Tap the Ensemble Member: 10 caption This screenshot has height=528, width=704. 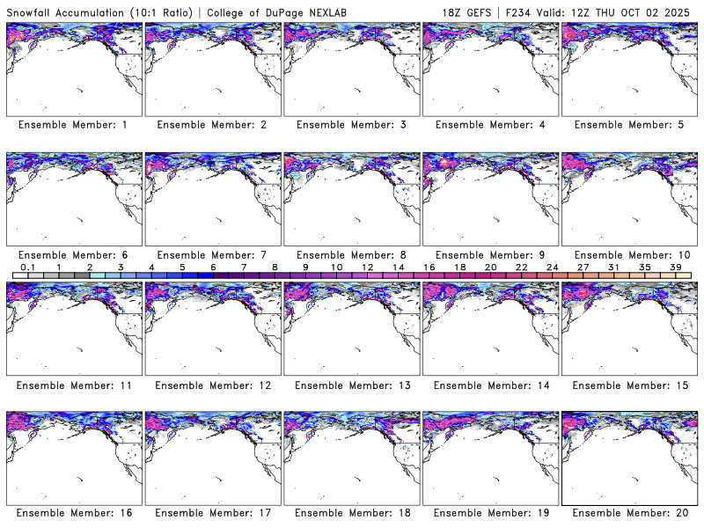click(x=630, y=255)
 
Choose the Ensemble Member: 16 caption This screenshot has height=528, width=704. click(x=75, y=513)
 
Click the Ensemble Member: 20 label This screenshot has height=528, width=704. click(x=630, y=513)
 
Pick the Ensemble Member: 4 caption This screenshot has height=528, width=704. click(x=490, y=125)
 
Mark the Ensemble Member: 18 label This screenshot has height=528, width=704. click(x=353, y=513)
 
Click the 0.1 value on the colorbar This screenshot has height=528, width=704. click(x=27, y=267)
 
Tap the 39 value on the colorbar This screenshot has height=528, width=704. click(x=675, y=267)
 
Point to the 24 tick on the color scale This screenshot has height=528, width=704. click(x=552, y=267)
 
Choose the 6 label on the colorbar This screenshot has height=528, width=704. click(x=213, y=267)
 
